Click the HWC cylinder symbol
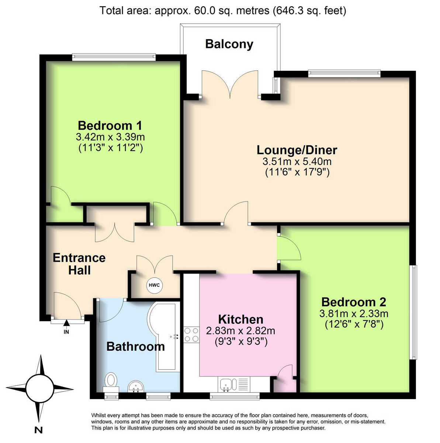pyautogui.click(x=154, y=285)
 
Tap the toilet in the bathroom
pyautogui.click(x=111, y=381)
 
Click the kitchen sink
pyautogui.click(x=226, y=385)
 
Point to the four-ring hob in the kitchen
pyautogui.click(x=191, y=334)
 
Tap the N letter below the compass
pyautogui.click(x=38, y=429)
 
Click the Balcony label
pyautogui.click(x=229, y=44)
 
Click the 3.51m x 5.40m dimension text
pyautogui.click(x=297, y=161)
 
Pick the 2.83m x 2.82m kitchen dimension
pyautogui.click(x=241, y=331)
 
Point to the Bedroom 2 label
pyautogui.click(x=353, y=302)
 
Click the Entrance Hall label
pyautogui.click(x=79, y=264)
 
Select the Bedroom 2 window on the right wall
pyautogui.click(x=414, y=312)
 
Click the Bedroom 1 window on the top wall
pyautogui.click(x=114, y=57)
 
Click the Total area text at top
pyautogui.click(x=223, y=11)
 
